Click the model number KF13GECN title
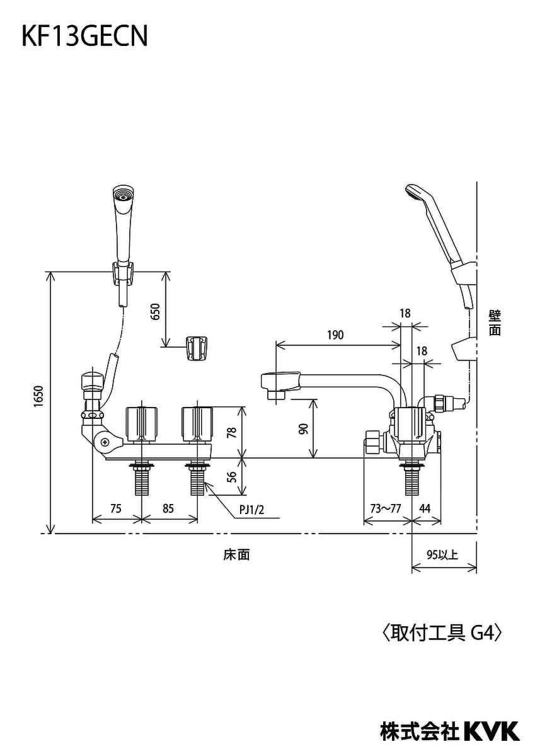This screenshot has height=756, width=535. pos(85,37)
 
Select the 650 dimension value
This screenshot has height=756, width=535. pos(156,311)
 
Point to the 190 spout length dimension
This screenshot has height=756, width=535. pos(335,335)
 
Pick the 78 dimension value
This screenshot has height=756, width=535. pos(231,432)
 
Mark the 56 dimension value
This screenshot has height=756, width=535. pos(231,477)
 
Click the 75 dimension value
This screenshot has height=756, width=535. pos(115,509)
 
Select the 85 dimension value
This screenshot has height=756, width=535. pos(168,509)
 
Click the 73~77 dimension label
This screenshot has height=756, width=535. pos(386,509)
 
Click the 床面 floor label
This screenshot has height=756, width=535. pos(236,554)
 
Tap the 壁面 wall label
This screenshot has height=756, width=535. pos(495,323)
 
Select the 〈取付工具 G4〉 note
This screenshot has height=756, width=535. pos(442,632)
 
